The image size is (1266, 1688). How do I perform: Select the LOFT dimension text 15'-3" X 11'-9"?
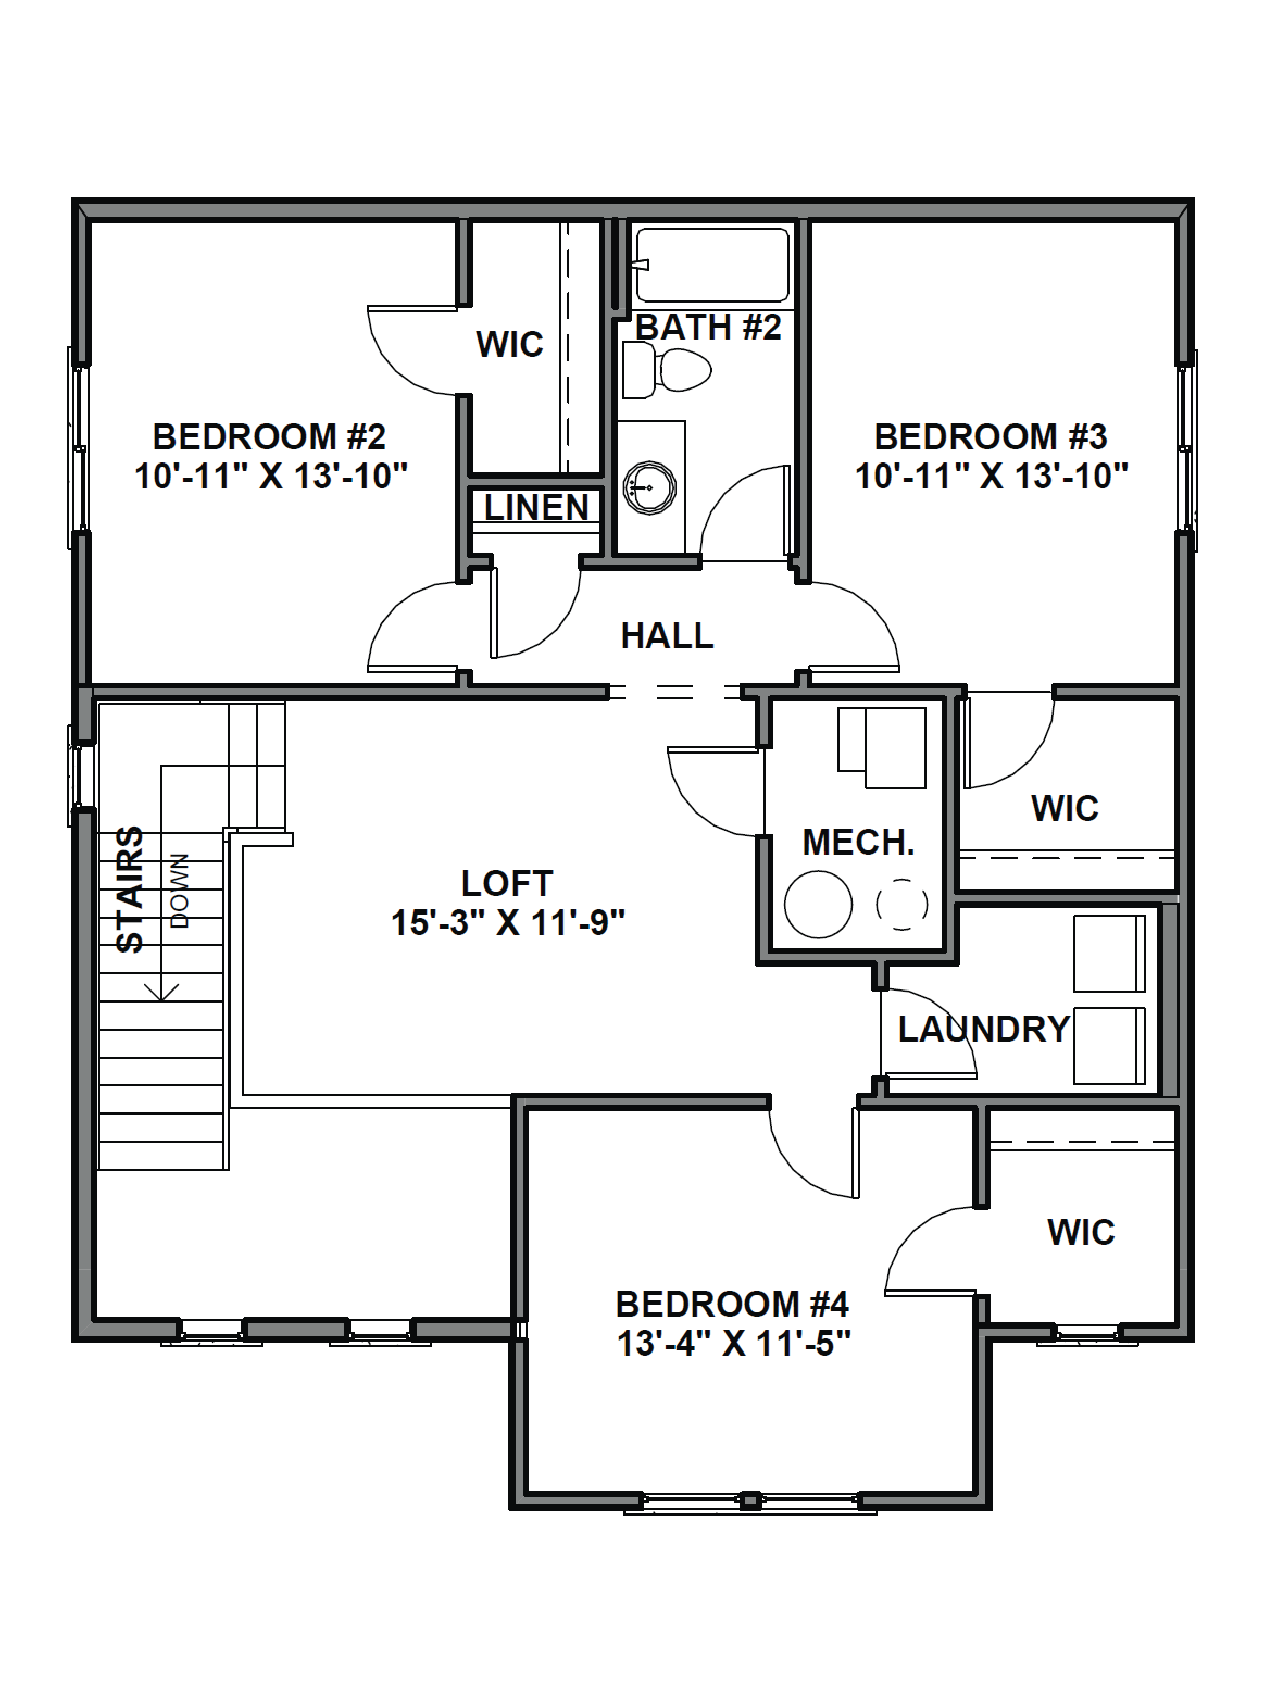coord(507,923)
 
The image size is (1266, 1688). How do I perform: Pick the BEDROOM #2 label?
coord(269,437)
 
